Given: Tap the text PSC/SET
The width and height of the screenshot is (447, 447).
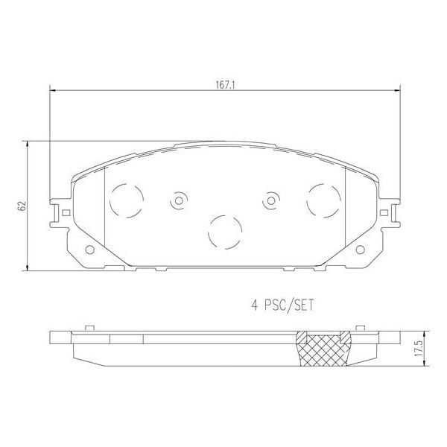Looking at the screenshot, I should point(290,304).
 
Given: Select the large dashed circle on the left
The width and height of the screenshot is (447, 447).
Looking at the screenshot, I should point(127,200).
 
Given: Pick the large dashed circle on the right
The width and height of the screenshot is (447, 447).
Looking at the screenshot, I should point(323,200).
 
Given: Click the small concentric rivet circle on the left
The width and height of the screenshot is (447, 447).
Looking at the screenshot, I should point(179,201).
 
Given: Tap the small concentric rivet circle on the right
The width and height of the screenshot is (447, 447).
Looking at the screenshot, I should point(270,201).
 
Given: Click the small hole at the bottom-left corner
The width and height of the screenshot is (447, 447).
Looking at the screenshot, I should point(90,250).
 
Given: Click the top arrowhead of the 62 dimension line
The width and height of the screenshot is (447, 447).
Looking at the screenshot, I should point(28,143).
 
